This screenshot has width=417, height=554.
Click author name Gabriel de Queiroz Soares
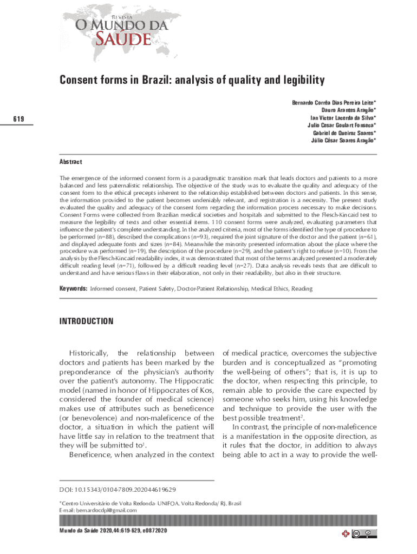point(344,133)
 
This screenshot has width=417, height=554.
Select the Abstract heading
point(70,162)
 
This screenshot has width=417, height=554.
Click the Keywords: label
point(73,289)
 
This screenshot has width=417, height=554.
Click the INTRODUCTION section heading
point(86,321)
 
